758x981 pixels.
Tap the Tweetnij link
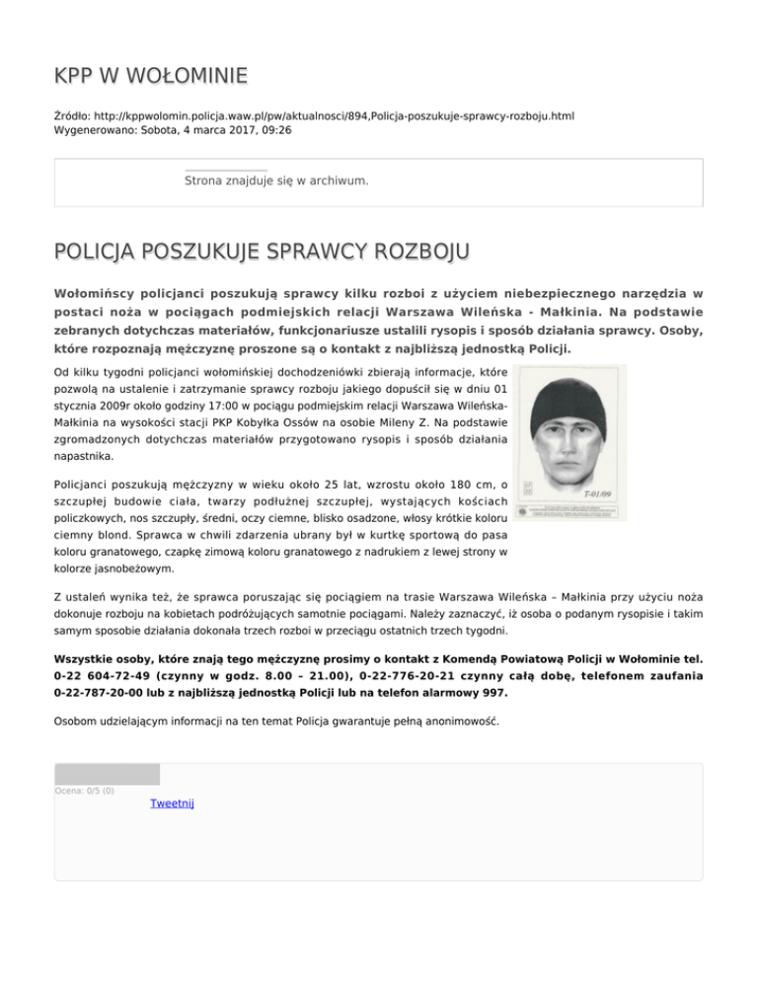coord(172,804)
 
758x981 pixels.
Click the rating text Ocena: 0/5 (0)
coord(84,790)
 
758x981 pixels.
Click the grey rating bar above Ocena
coord(107,774)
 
